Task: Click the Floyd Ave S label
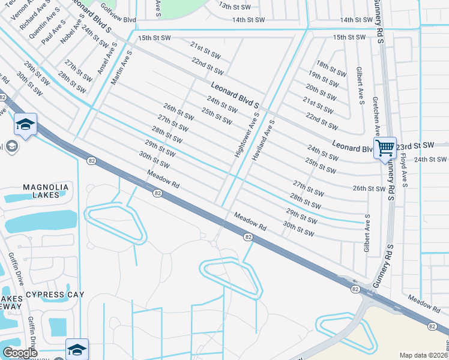pyautogui.click(x=403, y=171)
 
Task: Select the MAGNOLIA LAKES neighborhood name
pyautogui.click(x=46, y=192)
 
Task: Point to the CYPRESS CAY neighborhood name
pyautogui.click(x=55, y=295)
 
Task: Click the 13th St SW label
pyautogui.click(x=233, y=5)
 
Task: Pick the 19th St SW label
pyautogui.click(x=327, y=79)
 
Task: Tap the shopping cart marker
pyautogui.click(x=385, y=148)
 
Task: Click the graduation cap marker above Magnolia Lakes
pyautogui.click(x=26, y=125)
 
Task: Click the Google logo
pyautogui.click(x=20, y=353)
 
